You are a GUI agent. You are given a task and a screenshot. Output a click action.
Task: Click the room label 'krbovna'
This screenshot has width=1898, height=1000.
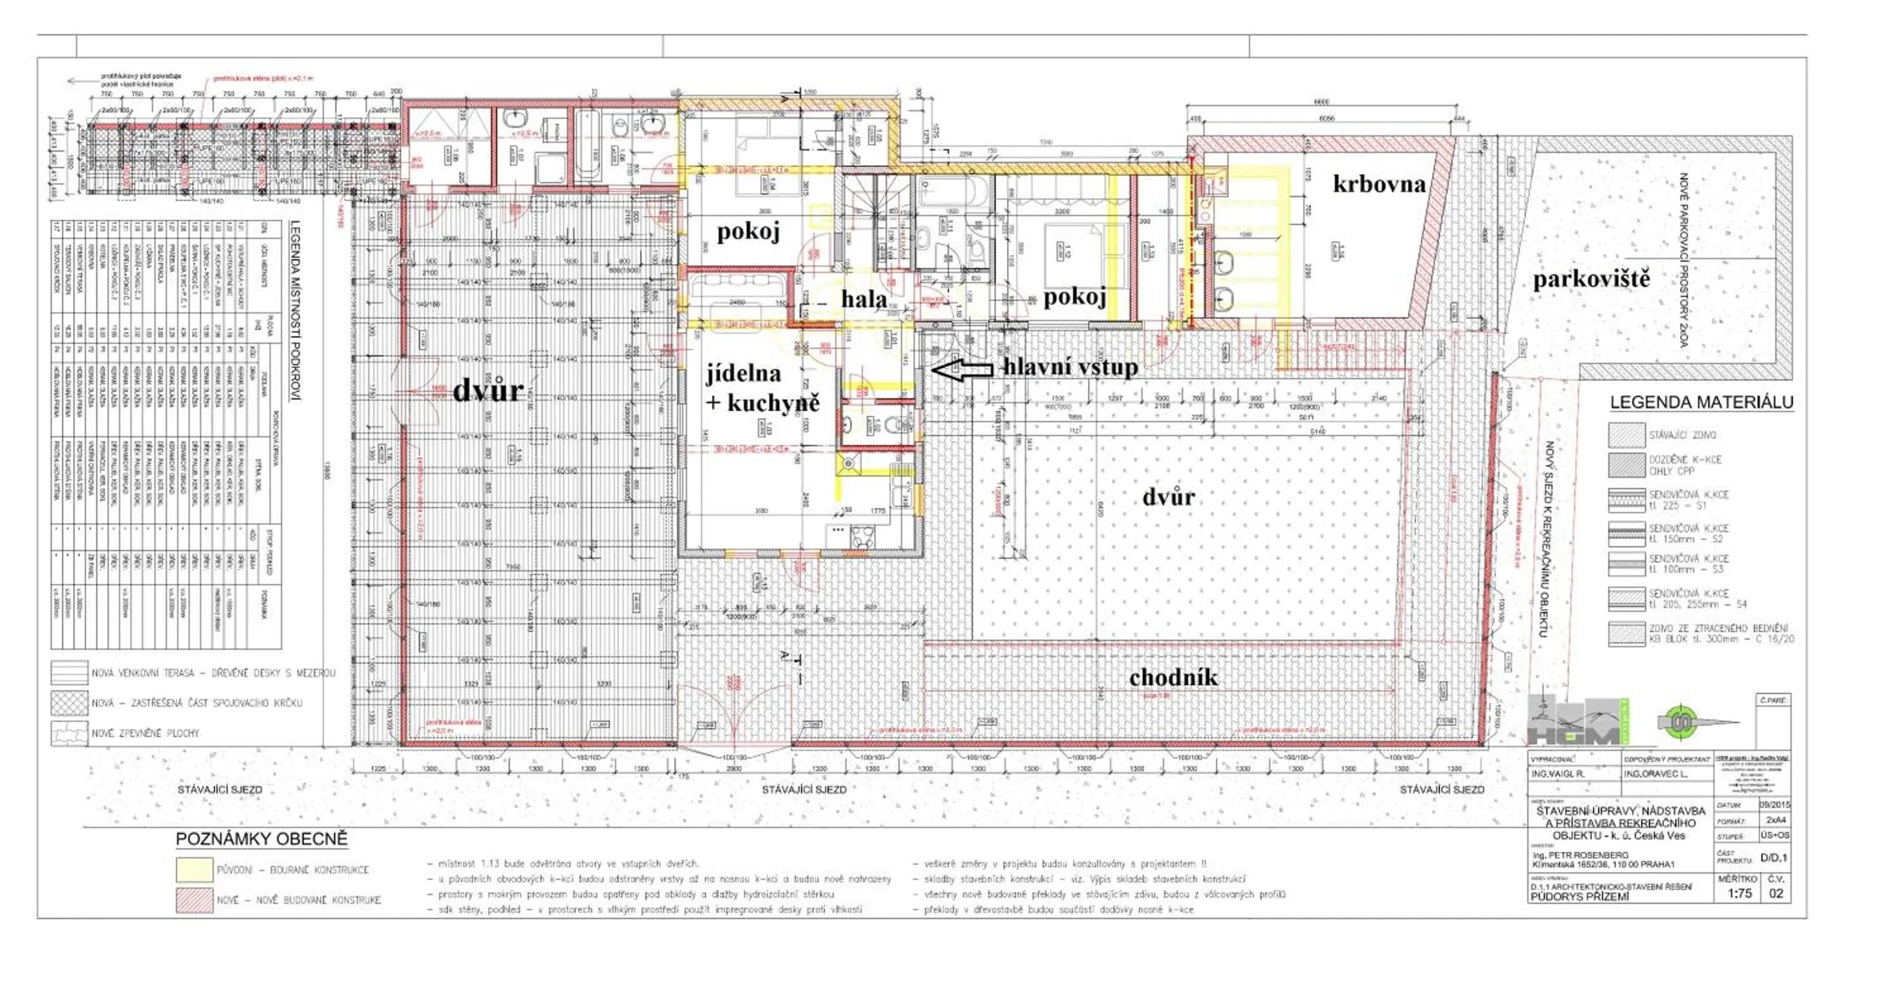(x=1379, y=184)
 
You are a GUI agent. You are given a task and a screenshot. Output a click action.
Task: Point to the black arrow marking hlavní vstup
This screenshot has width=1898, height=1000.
(x=962, y=369)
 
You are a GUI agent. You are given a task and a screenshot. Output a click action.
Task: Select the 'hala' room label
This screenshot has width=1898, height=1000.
(x=864, y=299)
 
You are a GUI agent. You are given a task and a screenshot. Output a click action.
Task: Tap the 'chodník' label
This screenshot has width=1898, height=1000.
(x=1173, y=678)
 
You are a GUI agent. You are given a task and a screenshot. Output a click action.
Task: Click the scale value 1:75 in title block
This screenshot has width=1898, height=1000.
(x=1738, y=893)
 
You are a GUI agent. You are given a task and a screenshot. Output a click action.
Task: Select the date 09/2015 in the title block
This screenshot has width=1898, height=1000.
(x=1774, y=805)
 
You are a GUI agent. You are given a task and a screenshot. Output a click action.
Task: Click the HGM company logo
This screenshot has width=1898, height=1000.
(x=1577, y=723)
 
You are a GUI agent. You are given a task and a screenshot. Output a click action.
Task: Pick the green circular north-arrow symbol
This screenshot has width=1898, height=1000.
(x=1682, y=723)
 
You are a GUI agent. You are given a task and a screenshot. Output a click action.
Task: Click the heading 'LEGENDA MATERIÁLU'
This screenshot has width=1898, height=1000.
(x=1701, y=403)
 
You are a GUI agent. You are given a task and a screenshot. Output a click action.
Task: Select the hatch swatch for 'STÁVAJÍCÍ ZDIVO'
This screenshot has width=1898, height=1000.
(x=1626, y=435)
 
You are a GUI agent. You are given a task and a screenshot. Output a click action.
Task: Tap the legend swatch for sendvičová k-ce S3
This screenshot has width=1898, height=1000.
(x=1626, y=564)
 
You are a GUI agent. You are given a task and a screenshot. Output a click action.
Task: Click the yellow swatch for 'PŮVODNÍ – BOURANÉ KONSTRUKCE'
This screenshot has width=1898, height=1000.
(x=194, y=870)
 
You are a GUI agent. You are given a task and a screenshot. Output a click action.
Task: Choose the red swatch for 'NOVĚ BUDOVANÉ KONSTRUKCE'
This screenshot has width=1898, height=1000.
(x=194, y=900)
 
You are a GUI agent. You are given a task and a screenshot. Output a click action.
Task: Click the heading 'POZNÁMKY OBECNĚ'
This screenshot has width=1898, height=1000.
(x=261, y=839)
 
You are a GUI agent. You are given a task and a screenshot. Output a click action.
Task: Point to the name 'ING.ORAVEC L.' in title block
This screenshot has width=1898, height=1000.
(x=1655, y=774)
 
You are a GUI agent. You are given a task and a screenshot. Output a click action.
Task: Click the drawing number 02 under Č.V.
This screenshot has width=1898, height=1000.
(x=1776, y=893)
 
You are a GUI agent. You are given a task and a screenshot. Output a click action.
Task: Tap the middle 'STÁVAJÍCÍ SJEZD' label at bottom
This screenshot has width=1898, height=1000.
(x=804, y=790)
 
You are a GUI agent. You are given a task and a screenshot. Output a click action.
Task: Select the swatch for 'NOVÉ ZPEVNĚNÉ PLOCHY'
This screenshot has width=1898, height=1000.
(x=68, y=733)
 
